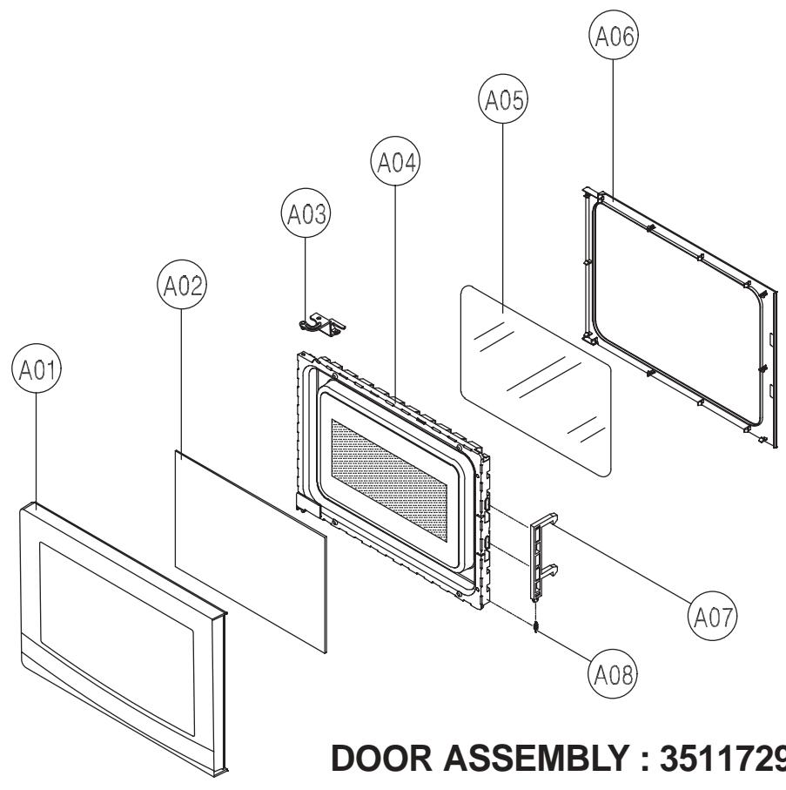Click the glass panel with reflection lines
pos(534,379)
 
